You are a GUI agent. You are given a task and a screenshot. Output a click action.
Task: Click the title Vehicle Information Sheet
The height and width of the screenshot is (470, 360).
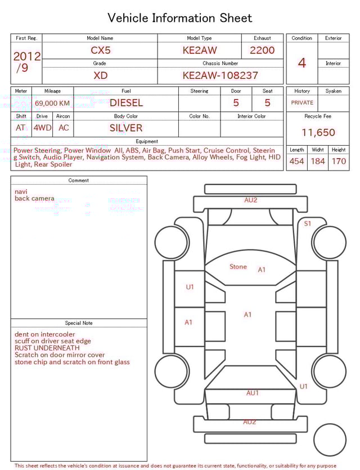point(180,18)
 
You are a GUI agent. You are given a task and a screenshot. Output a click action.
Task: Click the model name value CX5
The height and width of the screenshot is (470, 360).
point(100,50)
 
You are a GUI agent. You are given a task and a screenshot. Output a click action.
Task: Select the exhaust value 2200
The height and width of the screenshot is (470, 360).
point(262,50)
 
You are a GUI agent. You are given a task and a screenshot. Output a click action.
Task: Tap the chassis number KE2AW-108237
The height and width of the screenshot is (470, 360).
point(220,75)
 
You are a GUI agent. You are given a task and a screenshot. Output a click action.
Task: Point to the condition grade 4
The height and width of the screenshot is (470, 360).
point(301,63)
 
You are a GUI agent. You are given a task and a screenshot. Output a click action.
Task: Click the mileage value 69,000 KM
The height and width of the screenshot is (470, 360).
point(52,104)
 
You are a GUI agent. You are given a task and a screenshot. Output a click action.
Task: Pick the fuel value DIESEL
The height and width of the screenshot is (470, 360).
point(126,103)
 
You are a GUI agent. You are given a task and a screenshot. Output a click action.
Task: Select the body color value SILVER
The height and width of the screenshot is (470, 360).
point(126,128)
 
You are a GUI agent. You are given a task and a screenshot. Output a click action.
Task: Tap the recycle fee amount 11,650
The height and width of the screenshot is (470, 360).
point(318,133)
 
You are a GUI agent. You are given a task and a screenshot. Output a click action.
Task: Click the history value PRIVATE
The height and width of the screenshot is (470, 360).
point(302,103)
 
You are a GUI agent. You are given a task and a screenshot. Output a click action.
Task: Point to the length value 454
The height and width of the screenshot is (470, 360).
point(296,162)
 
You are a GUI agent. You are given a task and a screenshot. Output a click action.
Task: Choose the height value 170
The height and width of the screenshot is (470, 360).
point(339,162)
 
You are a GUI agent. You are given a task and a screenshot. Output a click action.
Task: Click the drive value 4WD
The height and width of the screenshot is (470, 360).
point(42,128)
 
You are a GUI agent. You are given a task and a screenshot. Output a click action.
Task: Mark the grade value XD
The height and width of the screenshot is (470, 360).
point(100,75)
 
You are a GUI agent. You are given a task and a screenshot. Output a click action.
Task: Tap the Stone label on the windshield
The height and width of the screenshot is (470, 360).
point(238,267)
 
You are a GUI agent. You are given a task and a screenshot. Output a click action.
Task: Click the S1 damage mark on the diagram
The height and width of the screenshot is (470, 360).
point(308,223)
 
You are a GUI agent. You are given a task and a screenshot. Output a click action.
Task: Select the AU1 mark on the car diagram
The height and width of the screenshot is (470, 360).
point(253,393)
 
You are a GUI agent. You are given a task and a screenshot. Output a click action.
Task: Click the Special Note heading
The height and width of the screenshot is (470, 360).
point(79,323)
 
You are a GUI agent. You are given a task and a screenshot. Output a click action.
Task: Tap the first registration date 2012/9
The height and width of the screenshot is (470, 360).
point(26,62)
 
